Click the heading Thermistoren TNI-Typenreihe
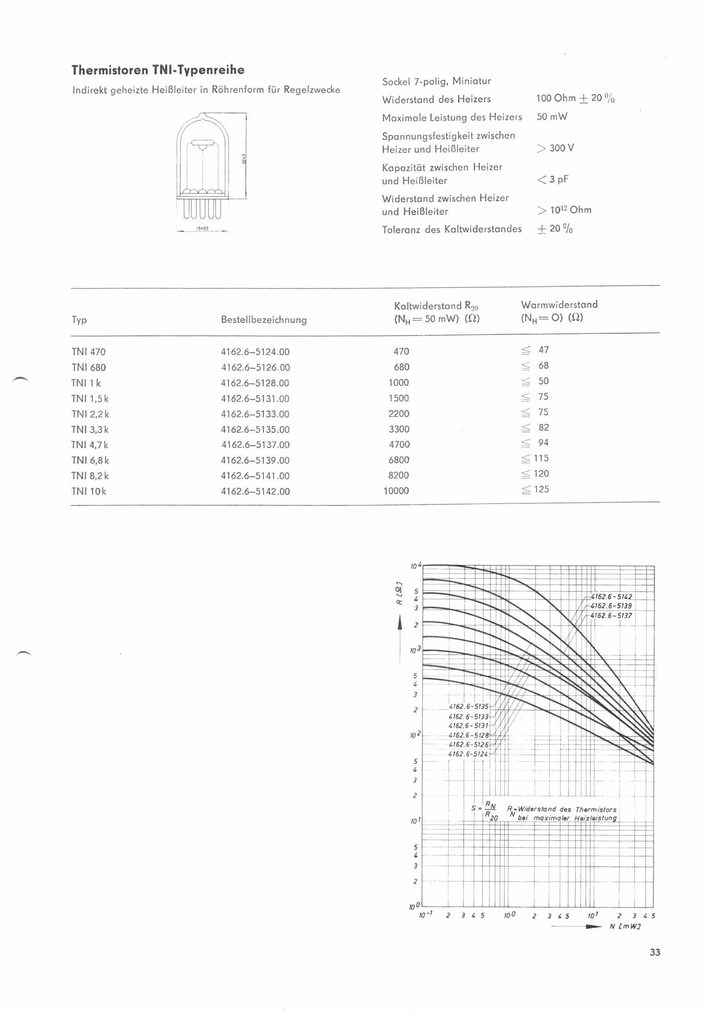(158, 70)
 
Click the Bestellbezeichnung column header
(264, 320)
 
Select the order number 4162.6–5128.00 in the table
(255, 383)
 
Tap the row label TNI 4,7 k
(90, 445)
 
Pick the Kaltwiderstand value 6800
(399, 460)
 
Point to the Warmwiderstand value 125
(541, 490)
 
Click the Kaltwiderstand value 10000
(396, 491)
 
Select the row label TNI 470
(89, 352)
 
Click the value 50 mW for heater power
(552, 117)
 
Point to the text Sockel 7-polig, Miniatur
(437, 81)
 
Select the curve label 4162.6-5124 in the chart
(468, 754)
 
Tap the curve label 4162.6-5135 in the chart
(468, 706)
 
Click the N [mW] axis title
(625, 926)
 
